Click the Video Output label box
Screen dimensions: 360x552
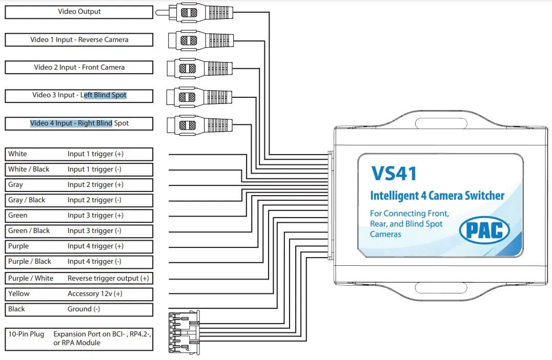(79, 12)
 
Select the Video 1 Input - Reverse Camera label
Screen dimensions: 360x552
(79, 39)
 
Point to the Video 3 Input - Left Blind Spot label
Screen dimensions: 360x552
(79, 95)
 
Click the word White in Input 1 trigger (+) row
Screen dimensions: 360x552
(18, 154)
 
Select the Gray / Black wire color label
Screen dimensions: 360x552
(27, 200)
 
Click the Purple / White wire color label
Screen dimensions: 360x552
(31, 279)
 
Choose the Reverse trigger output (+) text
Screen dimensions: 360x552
(108, 279)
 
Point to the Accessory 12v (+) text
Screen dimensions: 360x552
(95, 294)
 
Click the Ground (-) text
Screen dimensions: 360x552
(84, 309)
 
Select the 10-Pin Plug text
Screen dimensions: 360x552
(26, 334)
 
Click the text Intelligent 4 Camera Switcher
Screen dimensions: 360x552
(437, 196)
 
